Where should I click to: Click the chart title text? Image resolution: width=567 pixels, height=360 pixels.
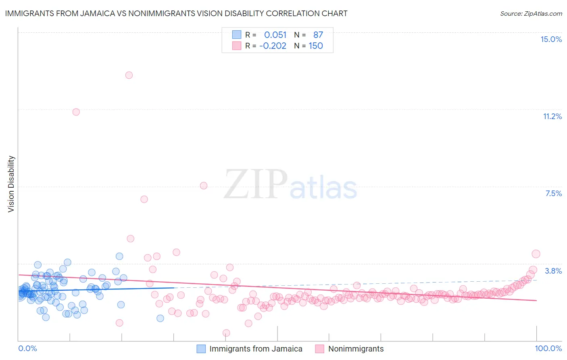(x=176, y=13)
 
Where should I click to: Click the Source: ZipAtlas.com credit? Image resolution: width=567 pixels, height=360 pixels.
(x=531, y=13)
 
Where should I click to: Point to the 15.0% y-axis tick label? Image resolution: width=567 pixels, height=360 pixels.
(x=551, y=39)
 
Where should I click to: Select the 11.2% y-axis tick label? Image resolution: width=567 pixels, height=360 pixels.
(x=552, y=116)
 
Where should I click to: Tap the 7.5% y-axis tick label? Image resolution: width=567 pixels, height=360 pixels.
(x=553, y=193)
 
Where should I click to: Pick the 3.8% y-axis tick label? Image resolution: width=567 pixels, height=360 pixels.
(x=553, y=271)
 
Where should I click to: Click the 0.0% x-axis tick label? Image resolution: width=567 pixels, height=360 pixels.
(x=27, y=348)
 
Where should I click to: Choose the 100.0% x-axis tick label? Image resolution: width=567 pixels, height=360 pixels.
(x=548, y=348)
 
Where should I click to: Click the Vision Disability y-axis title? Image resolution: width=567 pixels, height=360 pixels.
(x=11, y=184)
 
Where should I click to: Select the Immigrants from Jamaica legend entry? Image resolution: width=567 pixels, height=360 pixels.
(x=256, y=349)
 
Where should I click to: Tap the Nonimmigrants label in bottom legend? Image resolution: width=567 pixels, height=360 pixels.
(x=356, y=349)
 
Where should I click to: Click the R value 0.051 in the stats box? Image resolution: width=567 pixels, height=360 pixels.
(x=275, y=35)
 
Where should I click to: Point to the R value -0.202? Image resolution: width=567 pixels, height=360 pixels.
(x=273, y=46)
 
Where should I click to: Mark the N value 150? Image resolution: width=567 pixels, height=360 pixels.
(x=316, y=46)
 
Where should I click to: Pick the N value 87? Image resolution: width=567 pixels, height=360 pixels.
(x=318, y=35)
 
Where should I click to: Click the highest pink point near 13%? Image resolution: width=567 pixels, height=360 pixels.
(x=129, y=75)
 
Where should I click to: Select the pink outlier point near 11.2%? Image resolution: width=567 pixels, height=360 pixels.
(x=76, y=112)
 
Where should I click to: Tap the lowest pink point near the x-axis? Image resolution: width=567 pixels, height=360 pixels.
(x=226, y=333)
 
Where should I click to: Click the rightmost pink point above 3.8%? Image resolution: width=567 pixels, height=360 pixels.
(x=536, y=254)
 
